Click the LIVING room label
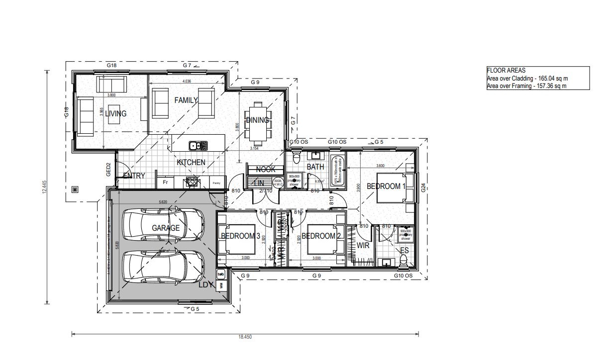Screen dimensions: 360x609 [x=115, y=114]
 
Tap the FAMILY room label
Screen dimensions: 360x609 [x=186, y=100]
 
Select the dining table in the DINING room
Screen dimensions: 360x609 [x=257, y=120]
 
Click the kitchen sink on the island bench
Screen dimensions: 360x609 [x=195, y=146]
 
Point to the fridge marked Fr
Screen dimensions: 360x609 [x=165, y=182]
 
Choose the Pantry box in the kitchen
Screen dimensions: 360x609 [x=216, y=183]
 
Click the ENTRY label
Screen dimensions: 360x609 [x=134, y=176]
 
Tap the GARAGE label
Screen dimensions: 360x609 [x=166, y=228]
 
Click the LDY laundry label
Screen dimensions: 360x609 [x=206, y=285]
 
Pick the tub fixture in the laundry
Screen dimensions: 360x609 [x=221, y=274]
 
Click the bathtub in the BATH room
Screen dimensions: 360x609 [x=338, y=172]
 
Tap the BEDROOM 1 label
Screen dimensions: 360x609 [x=386, y=186]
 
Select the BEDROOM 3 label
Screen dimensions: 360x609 [x=241, y=236]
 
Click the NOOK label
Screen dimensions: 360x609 [x=266, y=170]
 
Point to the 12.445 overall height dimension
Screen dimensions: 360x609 [x=44, y=186]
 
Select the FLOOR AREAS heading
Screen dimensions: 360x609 [x=506, y=71]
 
